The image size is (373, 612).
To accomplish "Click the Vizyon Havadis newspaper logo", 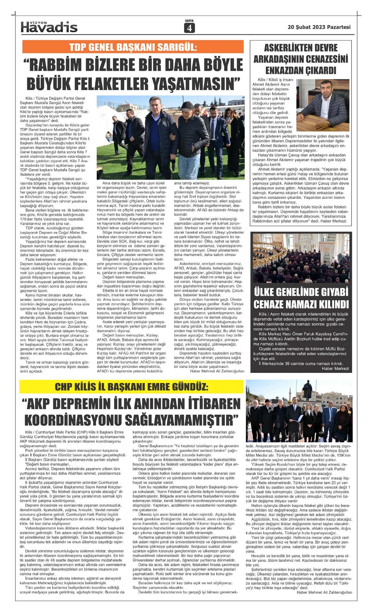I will (x=49, y=27).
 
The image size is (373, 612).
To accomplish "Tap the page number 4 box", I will (x=189, y=28).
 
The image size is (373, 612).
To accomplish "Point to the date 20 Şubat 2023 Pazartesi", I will (x=319, y=27).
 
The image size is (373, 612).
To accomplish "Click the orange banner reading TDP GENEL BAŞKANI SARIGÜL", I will (x=133, y=47).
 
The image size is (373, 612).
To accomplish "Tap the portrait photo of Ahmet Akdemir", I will (x=323, y=101).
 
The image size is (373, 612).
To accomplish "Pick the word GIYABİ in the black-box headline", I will (x=328, y=292).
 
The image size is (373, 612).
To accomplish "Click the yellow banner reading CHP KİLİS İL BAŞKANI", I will (x=131, y=387).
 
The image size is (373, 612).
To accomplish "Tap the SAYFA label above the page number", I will (x=189, y=21).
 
